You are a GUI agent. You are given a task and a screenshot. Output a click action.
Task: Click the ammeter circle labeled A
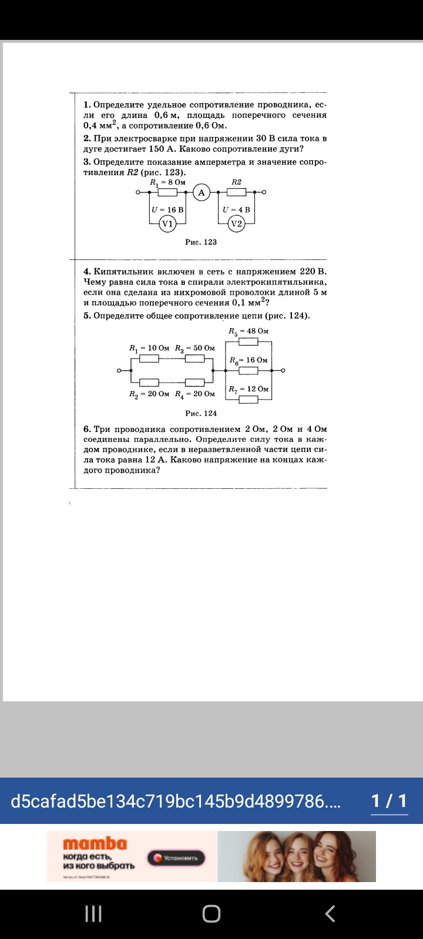point(202,192)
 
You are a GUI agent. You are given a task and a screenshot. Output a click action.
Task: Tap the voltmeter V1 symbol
point(167,224)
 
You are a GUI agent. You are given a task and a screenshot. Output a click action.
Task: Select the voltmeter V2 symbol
point(236,224)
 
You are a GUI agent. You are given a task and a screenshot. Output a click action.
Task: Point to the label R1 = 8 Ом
point(167,182)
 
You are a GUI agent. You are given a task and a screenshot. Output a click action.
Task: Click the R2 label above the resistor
point(236,182)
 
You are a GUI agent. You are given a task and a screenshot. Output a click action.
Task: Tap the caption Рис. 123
point(201,242)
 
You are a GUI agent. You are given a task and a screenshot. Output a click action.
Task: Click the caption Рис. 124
point(201,413)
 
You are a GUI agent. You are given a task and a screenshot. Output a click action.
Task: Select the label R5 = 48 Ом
point(249,331)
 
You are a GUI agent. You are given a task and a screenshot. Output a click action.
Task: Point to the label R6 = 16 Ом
point(249,360)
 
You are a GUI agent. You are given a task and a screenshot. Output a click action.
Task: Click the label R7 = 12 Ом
point(249,389)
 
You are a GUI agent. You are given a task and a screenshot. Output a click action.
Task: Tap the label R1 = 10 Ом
point(149,348)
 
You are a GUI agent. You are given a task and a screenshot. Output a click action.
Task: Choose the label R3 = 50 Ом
point(195,348)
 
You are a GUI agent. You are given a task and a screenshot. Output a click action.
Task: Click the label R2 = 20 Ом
point(149,394)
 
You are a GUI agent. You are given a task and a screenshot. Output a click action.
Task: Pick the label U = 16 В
point(167,210)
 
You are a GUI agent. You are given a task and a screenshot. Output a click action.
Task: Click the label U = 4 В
point(236,210)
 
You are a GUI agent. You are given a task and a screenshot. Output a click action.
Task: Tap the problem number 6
point(87,429)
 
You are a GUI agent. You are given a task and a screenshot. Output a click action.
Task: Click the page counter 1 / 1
point(389,801)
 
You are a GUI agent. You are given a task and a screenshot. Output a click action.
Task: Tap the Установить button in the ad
point(176,858)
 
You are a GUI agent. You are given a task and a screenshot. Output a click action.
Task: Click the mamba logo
point(95,844)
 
